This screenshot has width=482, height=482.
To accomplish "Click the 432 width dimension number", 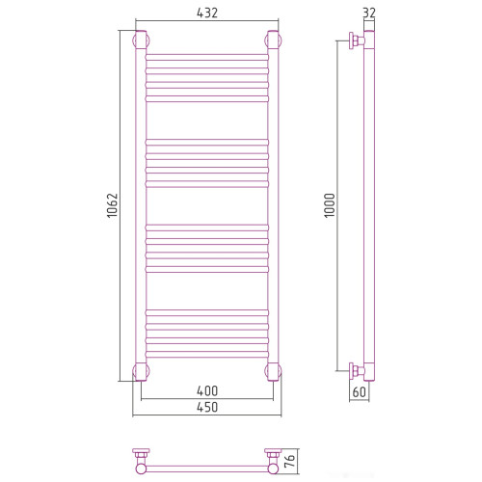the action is tap(207, 13).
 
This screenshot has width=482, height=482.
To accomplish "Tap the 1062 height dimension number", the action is tap(113, 205).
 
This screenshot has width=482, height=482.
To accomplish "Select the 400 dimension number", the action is tap(207, 391).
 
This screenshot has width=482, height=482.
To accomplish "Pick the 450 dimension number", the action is tap(207, 407).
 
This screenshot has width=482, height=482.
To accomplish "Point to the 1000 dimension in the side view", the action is tap(330, 205).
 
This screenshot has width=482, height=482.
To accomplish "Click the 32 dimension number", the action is tap(369, 13).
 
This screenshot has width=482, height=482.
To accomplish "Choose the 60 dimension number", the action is tap(359, 392).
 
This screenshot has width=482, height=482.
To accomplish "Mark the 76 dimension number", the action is tap(289, 461).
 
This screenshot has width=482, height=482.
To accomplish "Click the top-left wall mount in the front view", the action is tap(141, 40).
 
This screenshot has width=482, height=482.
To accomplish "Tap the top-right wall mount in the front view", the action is tap(273, 40).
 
